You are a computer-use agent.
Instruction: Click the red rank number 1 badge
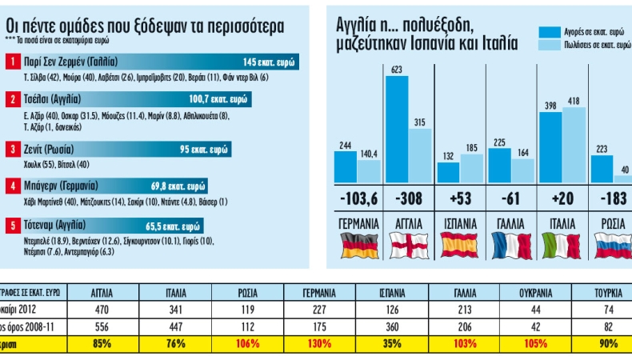(14, 61)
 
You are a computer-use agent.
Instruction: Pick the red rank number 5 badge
(14, 226)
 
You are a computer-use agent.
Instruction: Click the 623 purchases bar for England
(397, 128)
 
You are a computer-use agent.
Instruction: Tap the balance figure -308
(409, 198)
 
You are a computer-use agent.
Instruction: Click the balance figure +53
(459, 198)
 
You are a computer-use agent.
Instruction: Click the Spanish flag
(458, 244)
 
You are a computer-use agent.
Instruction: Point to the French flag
(511, 244)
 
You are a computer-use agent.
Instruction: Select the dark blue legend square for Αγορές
(548, 32)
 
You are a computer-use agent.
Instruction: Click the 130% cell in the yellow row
(320, 344)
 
